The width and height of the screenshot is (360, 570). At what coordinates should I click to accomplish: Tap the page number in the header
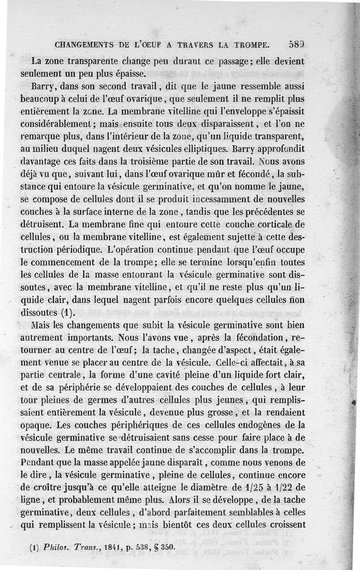[297, 44]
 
